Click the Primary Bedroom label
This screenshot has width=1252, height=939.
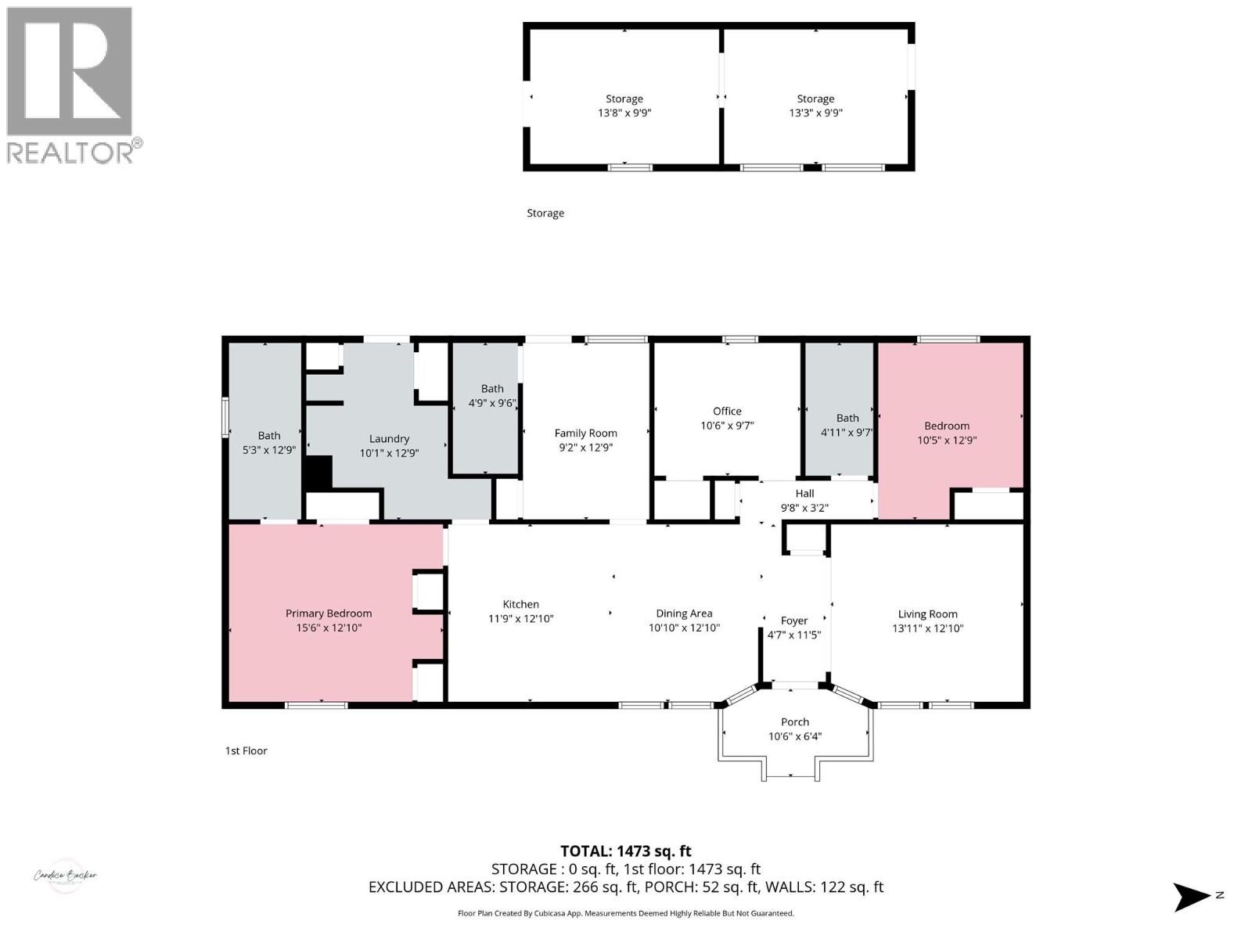coord(328,613)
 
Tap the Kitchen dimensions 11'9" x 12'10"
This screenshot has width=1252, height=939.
coord(520,619)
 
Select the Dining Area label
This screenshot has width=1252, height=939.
coord(683,613)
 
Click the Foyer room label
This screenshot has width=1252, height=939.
coord(793,621)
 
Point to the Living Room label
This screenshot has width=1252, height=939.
coord(927,614)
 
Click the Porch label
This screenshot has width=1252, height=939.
coord(794,722)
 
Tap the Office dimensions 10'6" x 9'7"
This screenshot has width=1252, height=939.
coord(726,426)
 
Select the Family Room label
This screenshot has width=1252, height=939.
coord(585,433)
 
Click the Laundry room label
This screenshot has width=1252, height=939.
coord(389,439)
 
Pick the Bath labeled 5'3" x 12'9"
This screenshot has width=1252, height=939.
coord(269,443)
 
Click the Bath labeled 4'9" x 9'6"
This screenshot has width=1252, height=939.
coord(491,396)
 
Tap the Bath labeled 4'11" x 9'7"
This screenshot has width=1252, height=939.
coord(847,425)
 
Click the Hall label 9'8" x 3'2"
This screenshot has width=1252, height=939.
coord(804,501)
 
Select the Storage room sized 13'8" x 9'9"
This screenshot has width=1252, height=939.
coord(624,106)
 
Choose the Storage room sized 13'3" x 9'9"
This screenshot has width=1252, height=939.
coord(815,106)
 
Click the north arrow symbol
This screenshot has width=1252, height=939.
coord(1191,897)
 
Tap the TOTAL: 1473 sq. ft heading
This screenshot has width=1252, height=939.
coord(625,851)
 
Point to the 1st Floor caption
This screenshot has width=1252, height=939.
coord(246,750)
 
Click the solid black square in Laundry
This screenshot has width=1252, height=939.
coord(318,473)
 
